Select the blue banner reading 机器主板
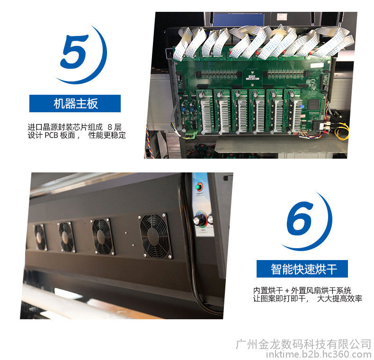point(75,103)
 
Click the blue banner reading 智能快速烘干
point(302,269)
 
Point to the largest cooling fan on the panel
point(155,236)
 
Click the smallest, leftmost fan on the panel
point(40,237)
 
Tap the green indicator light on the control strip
point(198,187)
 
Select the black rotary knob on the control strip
point(198,219)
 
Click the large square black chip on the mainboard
point(313,104)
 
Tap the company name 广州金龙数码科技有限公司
point(303,344)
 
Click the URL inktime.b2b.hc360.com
point(319,354)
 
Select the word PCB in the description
point(51,135)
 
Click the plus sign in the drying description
point(287,291)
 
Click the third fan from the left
point(102,236)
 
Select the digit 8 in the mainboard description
point(110,127)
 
